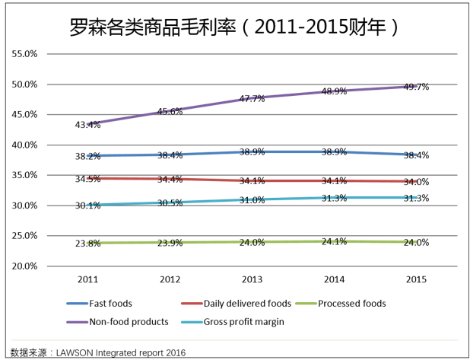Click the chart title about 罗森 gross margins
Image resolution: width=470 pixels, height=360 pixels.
pyautogui.click(x=234, y=28)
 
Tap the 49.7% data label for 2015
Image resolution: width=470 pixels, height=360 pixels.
pyautogui.click(x=416, y=87)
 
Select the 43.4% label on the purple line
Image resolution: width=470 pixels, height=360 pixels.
pyautogui.click(x=88, y=125)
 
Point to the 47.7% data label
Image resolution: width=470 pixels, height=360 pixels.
pyautogui.click(x=252, y=99)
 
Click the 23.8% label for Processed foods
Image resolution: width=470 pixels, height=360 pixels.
pyautogui.click(x=88, y=244)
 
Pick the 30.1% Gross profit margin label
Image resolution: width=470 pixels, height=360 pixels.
pyautogui.click(x=88, y=205)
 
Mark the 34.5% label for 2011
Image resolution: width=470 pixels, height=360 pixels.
pyautogui.click(x=88, y=179)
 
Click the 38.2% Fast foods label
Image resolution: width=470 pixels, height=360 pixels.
pyautogui.click(x=88, y=156)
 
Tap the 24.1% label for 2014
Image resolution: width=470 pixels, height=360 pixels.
pyautogui.click(x=334, y=241)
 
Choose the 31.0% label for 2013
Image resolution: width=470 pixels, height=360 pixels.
pyautogui.click(x=252, y=200)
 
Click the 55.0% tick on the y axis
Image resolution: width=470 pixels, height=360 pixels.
pyautogui.click(x=24, y=54)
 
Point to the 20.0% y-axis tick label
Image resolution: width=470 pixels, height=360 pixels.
pyautogui.click(x=24, y=266)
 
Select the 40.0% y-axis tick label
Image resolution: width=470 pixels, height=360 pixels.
pyautogui.click(x=24, y=145)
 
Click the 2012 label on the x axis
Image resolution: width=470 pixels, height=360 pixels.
pyautogui.click(x=170, y=279)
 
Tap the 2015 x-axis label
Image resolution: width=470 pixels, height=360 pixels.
pyautogui.click(x=416, y=279)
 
